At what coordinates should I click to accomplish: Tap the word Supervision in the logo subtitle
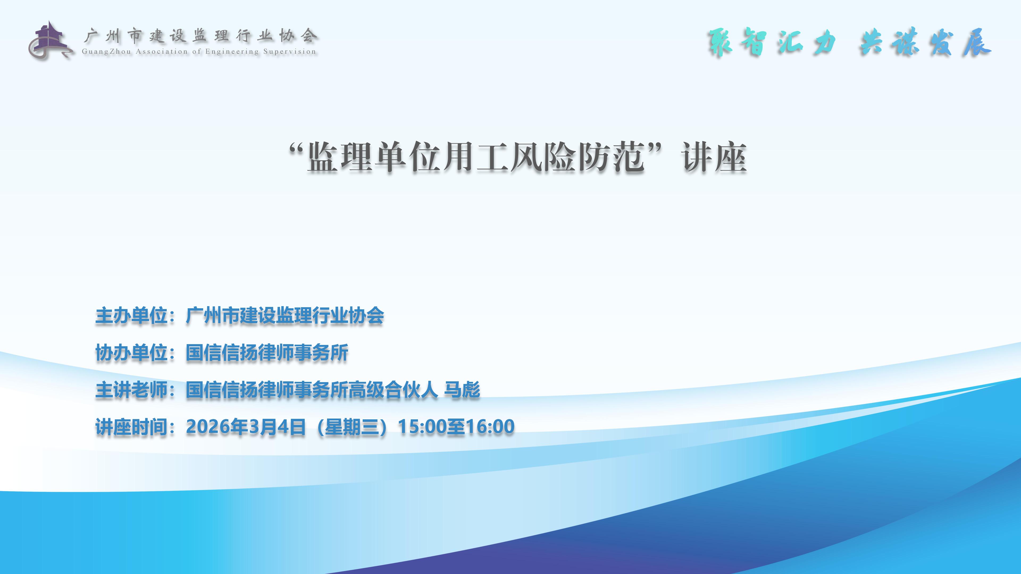coord(290,52)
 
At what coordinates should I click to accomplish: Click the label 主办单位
coord(131,316)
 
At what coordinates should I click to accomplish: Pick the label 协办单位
coord(131,353)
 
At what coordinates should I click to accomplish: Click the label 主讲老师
coord(131,390)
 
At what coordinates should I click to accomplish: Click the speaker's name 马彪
coord(462,390)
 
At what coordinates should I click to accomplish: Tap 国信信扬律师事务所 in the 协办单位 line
coord(267,353)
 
